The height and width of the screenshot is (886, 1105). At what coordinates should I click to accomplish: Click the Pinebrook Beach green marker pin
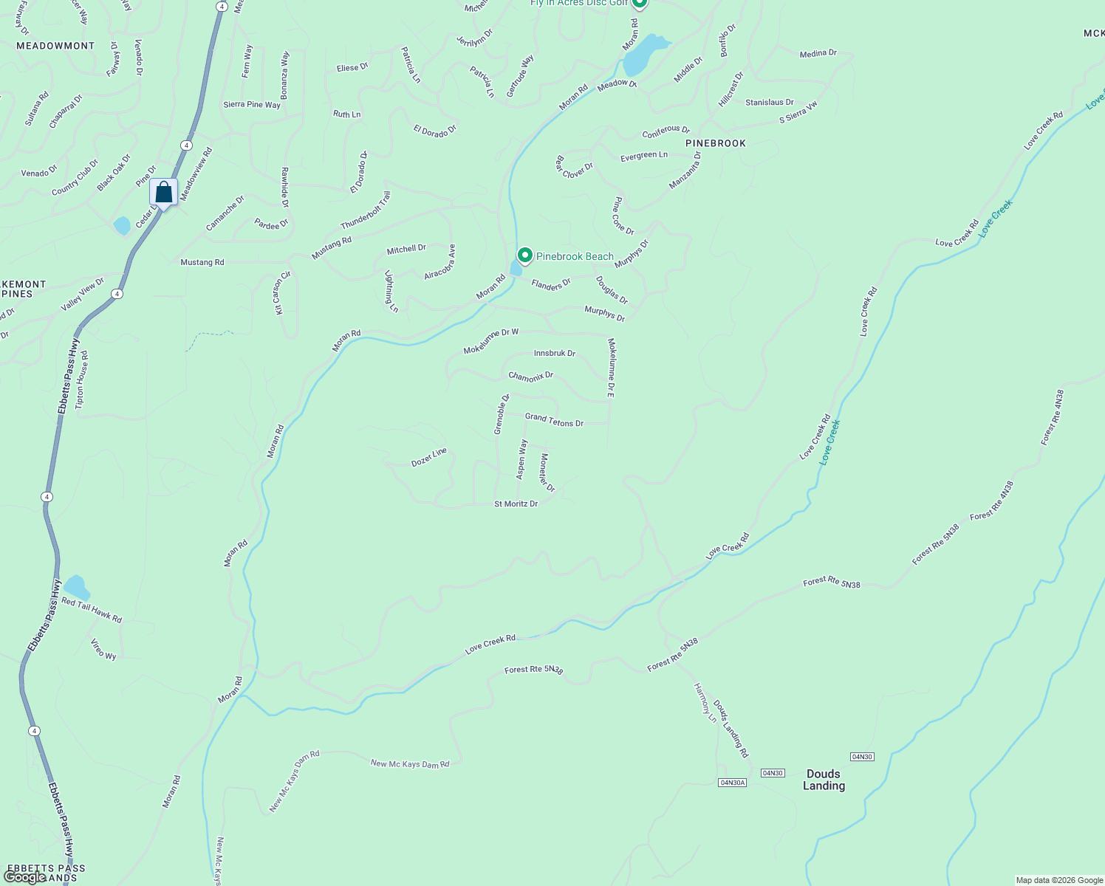click(524, 255)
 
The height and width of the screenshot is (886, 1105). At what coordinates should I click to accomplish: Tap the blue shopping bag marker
click(163, 193)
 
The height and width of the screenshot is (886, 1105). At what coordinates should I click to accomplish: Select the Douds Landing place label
click(824, 780)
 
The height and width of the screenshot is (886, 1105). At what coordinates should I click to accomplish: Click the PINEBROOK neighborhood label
click(716, 143)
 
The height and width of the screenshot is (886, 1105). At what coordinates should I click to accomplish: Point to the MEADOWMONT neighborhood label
click(55, 46)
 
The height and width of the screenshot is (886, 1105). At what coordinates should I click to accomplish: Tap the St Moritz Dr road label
click(516, 504)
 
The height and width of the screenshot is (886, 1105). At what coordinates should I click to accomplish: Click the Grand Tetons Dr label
click(554, 420)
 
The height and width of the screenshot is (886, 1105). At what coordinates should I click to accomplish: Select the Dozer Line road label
click(429, 457)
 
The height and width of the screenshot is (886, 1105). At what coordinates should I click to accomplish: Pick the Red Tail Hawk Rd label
click(92, 611)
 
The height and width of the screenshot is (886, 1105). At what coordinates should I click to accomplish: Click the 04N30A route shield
click(732, 782)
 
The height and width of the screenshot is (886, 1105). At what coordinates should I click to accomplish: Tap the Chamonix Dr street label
click(530, 377)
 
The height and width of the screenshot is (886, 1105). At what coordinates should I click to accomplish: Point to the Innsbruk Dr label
click(554, 354)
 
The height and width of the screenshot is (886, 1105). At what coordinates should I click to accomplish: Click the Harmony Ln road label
click(705, 702)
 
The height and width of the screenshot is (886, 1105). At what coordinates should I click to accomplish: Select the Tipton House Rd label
click(82, 380)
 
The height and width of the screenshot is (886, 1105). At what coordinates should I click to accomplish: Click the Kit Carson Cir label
click(283, 293)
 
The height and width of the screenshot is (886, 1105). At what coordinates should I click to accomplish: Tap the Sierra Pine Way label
click(252, 105)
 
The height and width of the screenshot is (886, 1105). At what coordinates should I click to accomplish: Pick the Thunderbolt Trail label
click(366, 210)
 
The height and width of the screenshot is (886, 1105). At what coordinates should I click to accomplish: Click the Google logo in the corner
click(24, 876)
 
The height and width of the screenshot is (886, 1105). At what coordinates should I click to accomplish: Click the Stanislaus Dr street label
click(769, 103)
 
